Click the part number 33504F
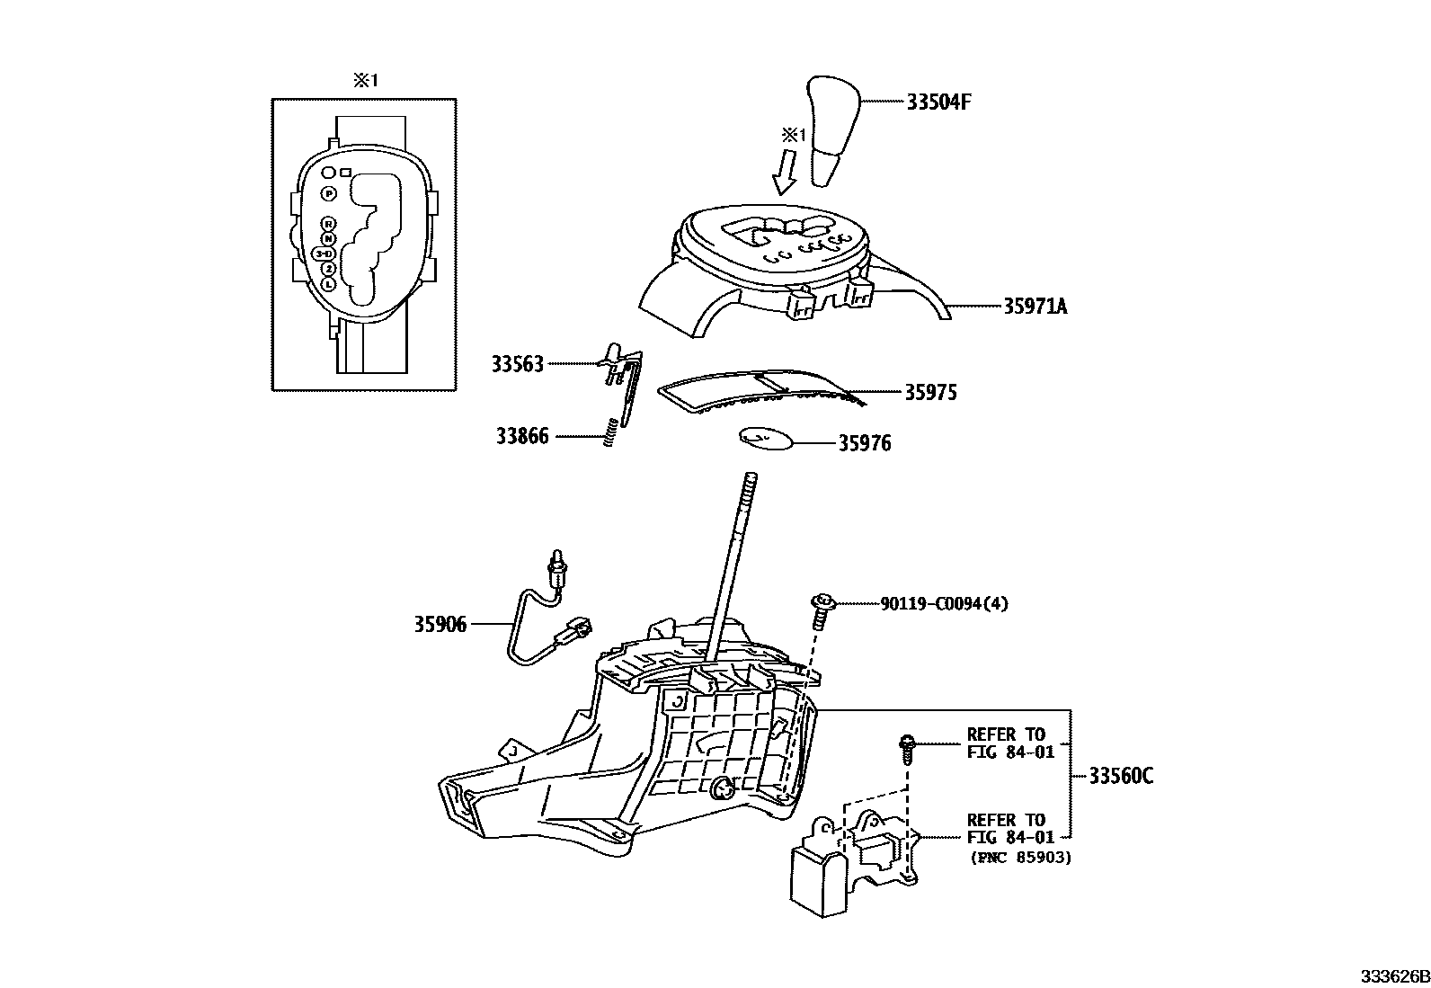click(938, 102)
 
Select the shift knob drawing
click(834, 130)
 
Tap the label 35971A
click(1035, 307)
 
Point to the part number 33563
click(518, 364)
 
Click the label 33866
click(522, 438)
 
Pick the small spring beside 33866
click(609, 432)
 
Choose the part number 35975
click(930, 392)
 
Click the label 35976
click(865, 443)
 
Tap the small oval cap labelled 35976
click(766, 438)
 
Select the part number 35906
click(440, 624)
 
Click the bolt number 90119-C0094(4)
click(943, 603)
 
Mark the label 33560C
click(1120, 776)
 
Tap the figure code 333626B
click(1392, 976)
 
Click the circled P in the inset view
click(329, 193)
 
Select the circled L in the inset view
click(328, 284)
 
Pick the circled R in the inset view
click(329, 223)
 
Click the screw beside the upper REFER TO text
click(908, 747)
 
